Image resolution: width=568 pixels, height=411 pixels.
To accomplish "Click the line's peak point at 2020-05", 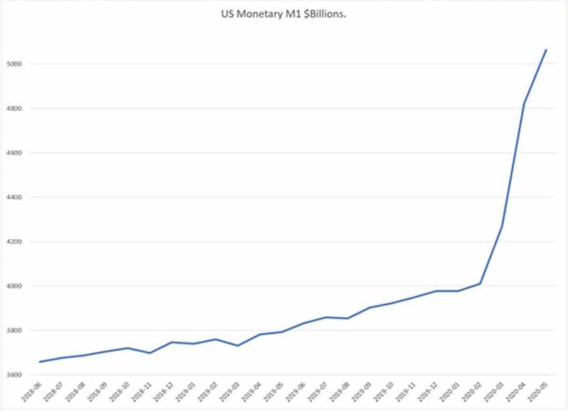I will (546, 50).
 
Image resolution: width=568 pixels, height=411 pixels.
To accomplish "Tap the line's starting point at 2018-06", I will (40, 362).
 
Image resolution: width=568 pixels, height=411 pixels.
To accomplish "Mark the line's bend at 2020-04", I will (524, 104).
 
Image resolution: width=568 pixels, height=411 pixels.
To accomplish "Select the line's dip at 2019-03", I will (238, 346).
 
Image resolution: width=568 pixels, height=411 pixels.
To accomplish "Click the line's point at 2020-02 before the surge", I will (480, 284).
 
